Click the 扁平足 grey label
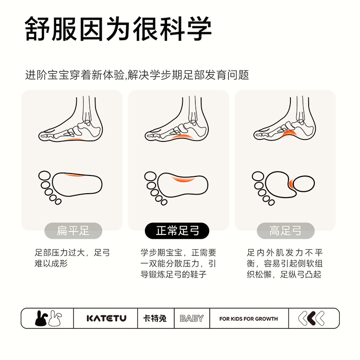point(73,231)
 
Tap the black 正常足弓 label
point(177,231)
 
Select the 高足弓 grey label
point(286,231)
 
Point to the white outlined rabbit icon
point(55,318)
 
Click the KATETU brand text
point(107,318)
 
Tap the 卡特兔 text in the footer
point(155,318)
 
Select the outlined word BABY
point(192,318)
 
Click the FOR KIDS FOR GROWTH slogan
point(249,319)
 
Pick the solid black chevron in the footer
point(312,318)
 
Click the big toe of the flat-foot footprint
point(44,176)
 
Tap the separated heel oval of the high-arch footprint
point(304,184)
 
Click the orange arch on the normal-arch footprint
point(183,179)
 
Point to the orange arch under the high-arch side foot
point(288,133)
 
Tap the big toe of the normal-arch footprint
point(150,176)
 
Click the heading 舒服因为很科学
point(118,29)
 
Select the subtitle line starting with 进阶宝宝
point(137,75)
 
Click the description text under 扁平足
point(72,258)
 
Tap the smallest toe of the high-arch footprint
point(272,202)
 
